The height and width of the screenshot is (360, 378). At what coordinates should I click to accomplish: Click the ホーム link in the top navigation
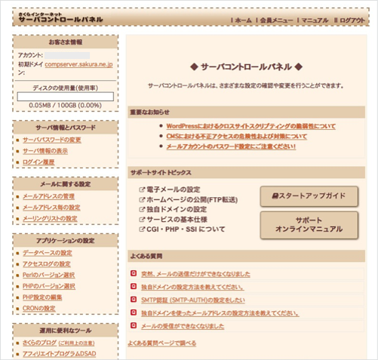tap(242, 20)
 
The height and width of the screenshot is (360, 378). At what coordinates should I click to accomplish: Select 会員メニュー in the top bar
tap(277, 20)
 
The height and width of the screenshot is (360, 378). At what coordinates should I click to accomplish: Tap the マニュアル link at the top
tap(314, 20)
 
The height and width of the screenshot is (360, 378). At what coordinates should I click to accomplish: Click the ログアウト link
tap(352, 20)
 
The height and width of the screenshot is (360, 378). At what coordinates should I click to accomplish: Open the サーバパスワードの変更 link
tap(52, 140)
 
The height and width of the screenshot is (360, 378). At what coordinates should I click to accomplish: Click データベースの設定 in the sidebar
tap(48, 253)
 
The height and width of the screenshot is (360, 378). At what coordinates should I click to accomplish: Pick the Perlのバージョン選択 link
tap(50, 275)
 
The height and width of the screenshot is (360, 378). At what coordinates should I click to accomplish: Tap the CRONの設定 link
tap(39, 308)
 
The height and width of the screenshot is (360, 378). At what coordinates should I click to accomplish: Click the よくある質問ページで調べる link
tap(161, 343)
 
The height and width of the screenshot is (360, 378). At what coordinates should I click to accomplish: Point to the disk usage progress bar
tap(65, 96)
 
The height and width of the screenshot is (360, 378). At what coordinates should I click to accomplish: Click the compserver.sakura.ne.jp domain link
tap(78, 65)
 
